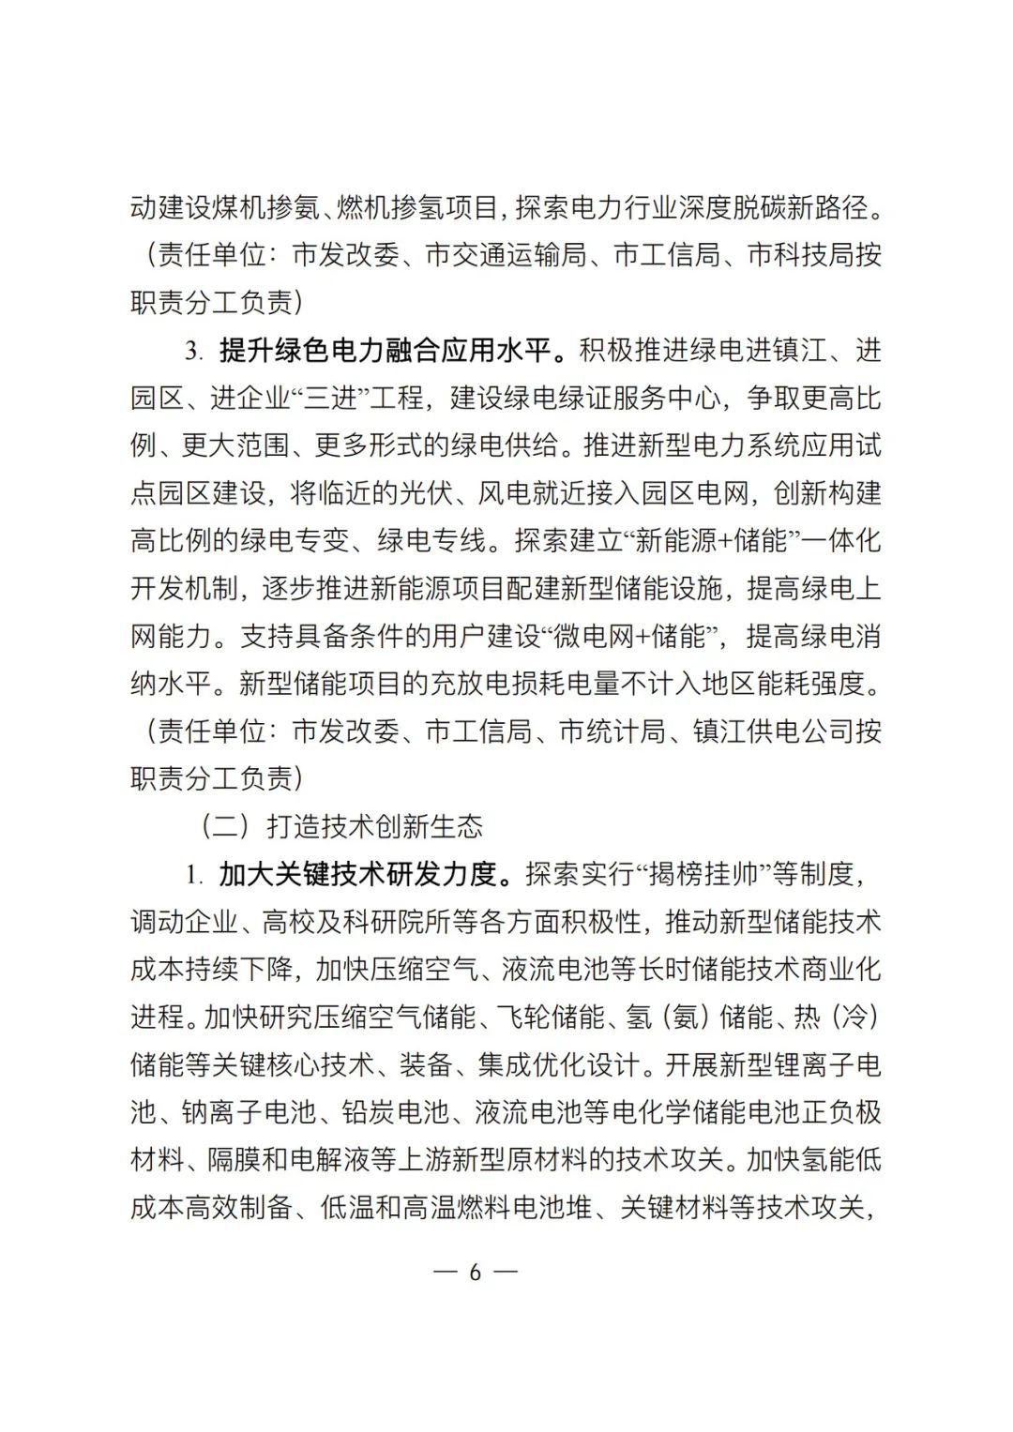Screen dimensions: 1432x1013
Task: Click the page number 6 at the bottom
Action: click(475, 1273)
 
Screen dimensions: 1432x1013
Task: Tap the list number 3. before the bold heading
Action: click(193, 352)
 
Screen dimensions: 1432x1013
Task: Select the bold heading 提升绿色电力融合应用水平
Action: click(385, 351)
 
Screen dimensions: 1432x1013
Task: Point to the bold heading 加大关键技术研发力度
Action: click(357, 874)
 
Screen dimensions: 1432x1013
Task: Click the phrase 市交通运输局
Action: click(506, 255)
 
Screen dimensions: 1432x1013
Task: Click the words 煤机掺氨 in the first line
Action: click(266, 208)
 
